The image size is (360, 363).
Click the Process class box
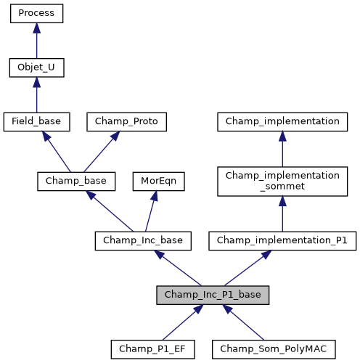point(36,14)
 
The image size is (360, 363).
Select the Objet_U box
point(36,68)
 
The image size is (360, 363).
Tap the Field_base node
point(36,122)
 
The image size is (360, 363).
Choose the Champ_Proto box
point(127,122)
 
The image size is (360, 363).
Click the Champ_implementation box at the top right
point(282,122)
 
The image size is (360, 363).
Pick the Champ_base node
point(72,181)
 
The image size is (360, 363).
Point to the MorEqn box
point(158,181)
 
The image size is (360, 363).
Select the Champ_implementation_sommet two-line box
point(282,181)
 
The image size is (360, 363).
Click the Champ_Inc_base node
point(143,240)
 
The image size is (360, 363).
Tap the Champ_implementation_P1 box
point(282,240)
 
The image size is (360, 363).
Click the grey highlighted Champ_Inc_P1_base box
point(213,295)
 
